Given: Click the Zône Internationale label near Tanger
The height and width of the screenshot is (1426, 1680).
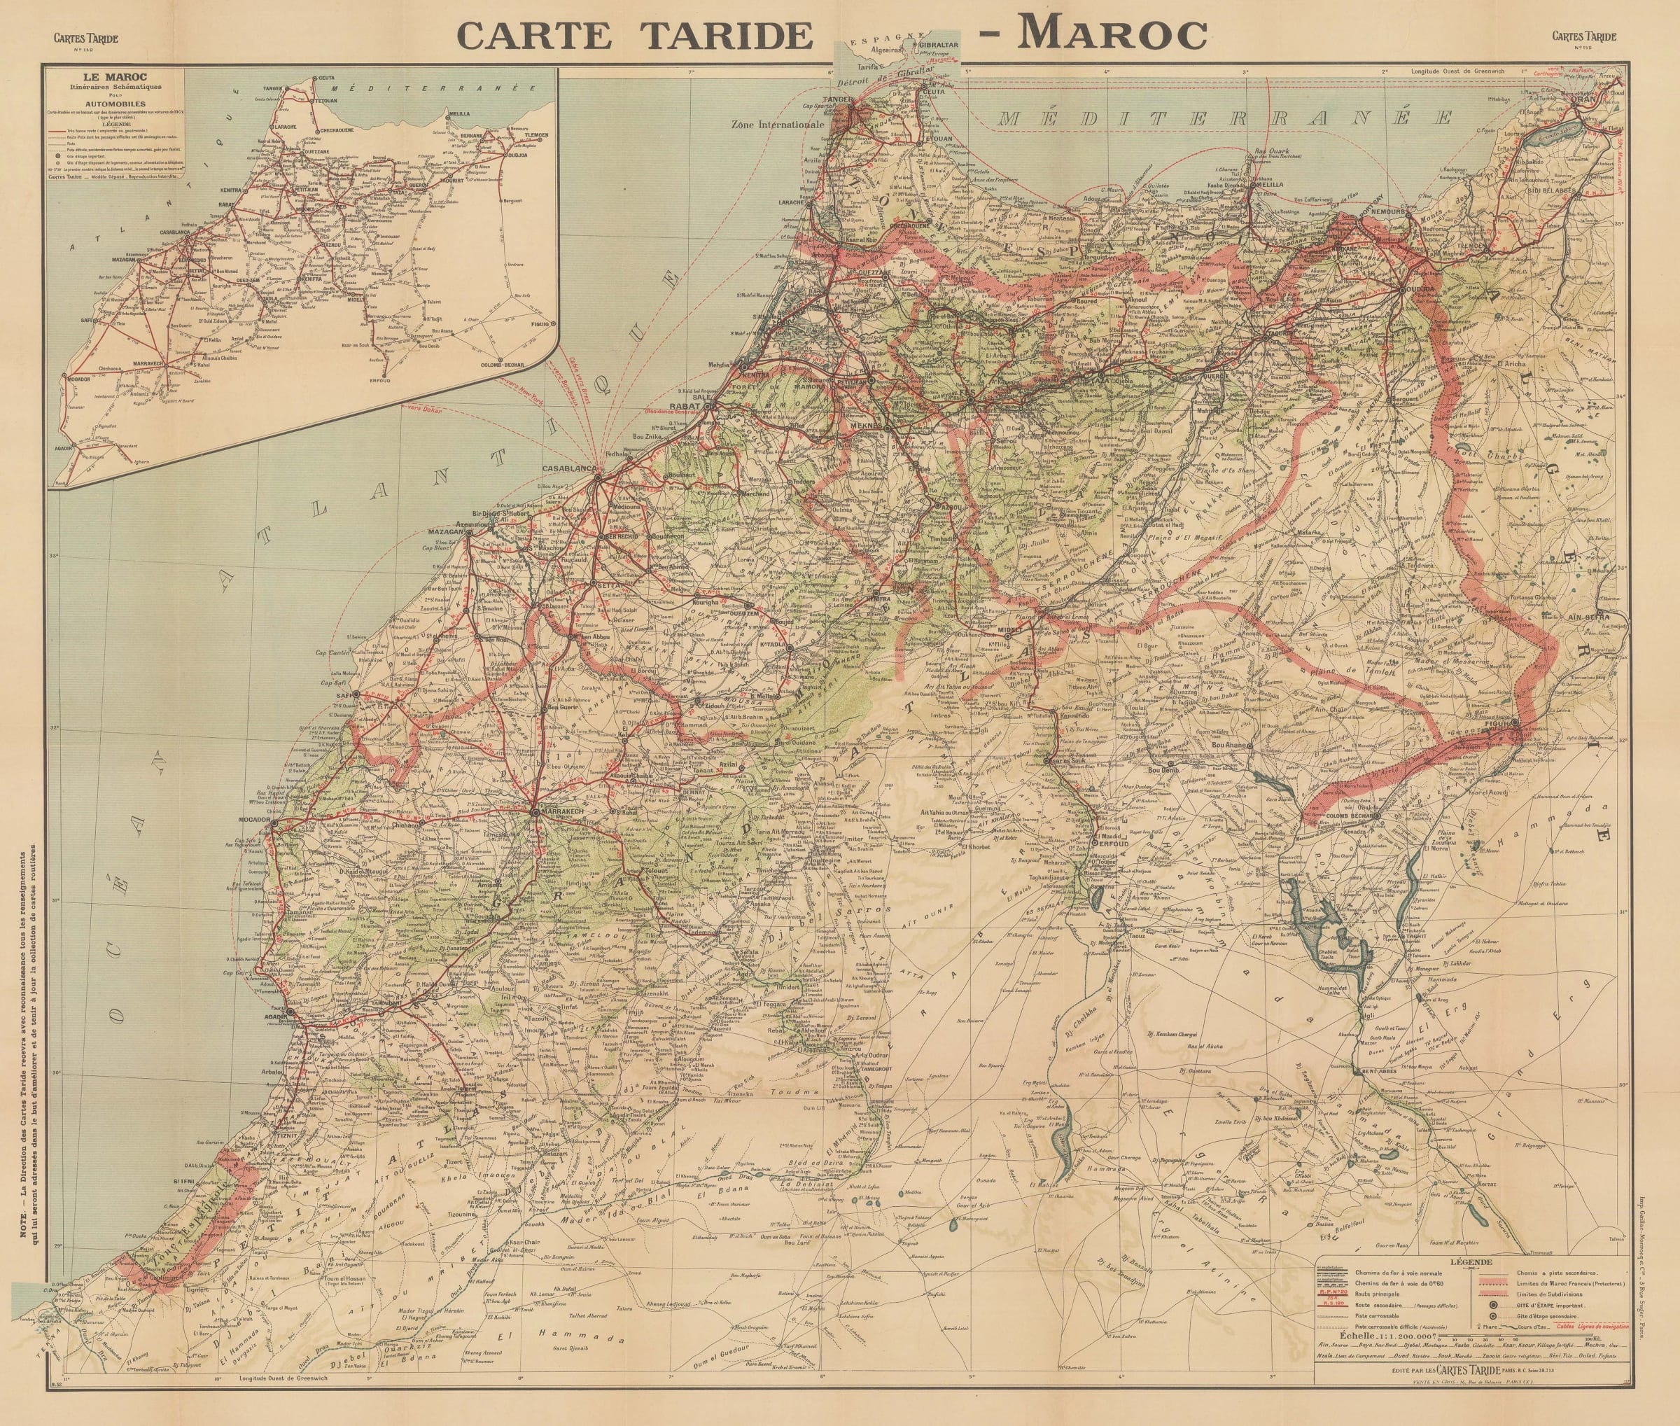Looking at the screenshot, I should pos(777,125).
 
